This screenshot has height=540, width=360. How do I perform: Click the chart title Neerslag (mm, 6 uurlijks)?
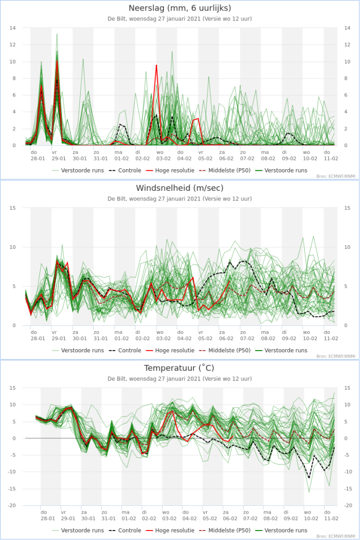pyautogui.click(x=180, y=8)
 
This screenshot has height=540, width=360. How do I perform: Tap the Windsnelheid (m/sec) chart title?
pyautogui.click(x=180, y=188)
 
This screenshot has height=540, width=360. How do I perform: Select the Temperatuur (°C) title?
pyautogui.click(x=179, y=368)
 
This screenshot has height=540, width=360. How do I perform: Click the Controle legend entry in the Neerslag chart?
pyautogui.click(x=125, y=170)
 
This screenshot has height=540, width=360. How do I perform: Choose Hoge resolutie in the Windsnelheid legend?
pyautogui.click(x=170, y=350)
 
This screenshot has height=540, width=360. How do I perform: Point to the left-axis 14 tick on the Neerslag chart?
pyautogui.click(x=13, y=28)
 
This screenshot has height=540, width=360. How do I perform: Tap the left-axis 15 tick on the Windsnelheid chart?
pyautogui.click(x=13, y=208)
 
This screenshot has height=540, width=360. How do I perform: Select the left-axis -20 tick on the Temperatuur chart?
pyautogui.click(x=12, y=505)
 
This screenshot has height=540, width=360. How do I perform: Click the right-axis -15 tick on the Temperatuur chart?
pyautogui.click(x=348, y=488)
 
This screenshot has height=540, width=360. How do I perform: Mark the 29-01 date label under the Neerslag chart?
pyautogui.click(x=59, y=158)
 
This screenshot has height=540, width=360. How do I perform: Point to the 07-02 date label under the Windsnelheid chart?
pyautogui.click(x=247, y=339)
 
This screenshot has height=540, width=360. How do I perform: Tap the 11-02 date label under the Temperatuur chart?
pyautogui.click(x=331, y=518)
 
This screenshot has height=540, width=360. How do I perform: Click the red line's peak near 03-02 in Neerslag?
pyautogui.click(x=157, y=65)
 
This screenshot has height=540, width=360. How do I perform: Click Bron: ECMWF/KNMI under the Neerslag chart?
pyautogui.click(x=336, y=176)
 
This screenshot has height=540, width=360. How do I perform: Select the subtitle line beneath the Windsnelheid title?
pyautogui.click(x=180, y=199)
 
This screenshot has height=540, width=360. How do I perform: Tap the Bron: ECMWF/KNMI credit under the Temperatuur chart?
pyautogui.click(x=336, y=536)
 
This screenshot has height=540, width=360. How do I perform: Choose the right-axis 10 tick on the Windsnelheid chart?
pyautogui.click(x=347, y=247)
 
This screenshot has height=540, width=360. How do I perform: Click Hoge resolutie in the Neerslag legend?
pyautogui.click(x=170, y=170)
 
